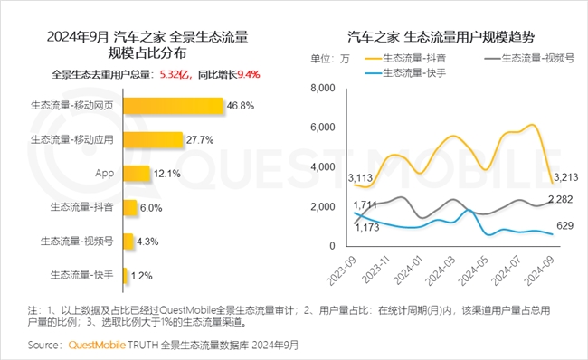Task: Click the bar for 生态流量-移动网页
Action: [x=172, y=106]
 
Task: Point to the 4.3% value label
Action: [x=148, y=241]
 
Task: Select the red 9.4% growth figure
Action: [x=248, y=73]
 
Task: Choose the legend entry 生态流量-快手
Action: [x=414, y=71]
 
